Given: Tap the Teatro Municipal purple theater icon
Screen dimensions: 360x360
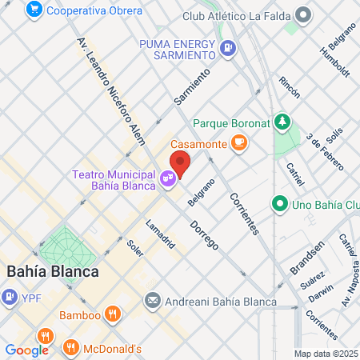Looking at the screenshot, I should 168,178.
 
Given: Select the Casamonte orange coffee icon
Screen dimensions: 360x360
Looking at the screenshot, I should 238,142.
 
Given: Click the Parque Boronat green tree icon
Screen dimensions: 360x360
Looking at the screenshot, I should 282,122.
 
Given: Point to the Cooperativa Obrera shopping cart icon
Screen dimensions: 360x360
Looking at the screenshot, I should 34,10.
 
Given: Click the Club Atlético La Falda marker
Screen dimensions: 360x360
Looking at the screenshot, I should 303,15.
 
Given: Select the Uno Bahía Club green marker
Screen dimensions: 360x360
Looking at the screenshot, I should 279,204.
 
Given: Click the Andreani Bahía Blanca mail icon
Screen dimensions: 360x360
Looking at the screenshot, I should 153,301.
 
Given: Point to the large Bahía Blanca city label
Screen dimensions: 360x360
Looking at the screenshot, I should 52,270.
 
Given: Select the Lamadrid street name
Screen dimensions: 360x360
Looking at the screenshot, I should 161,233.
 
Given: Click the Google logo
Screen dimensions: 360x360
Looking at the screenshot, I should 26,350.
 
